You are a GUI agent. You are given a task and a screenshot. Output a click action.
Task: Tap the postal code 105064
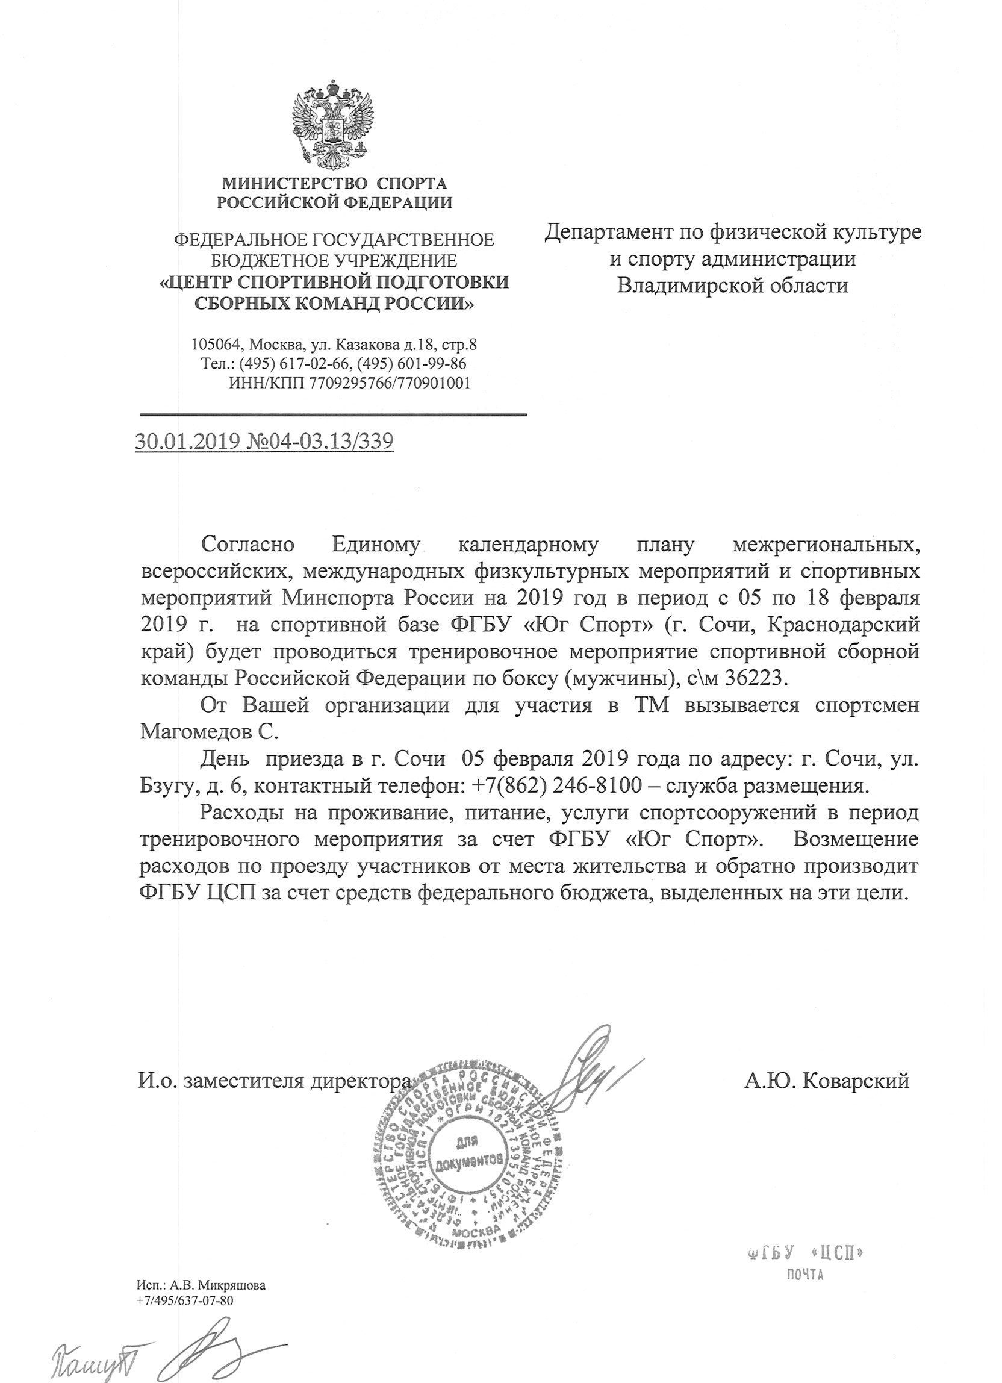[x=212, y=345]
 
